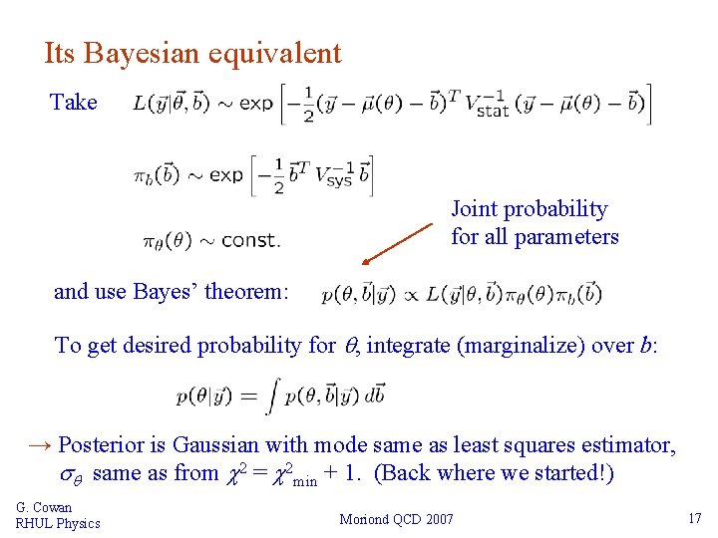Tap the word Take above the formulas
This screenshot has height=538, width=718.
tap(74, 102)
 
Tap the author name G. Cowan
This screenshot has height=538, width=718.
tap(44, 508)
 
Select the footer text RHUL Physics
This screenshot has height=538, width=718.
tap(58, 523)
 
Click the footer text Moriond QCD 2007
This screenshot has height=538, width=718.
tap(397, 519)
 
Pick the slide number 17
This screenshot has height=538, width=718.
tap(694, 519)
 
